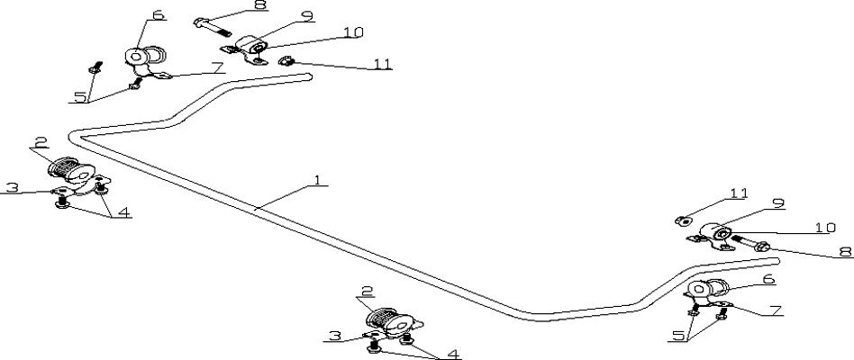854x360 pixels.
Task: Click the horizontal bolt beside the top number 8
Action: click(213, 27)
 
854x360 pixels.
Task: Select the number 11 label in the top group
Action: click(382, 64)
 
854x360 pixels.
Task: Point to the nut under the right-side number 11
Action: click(683, 220)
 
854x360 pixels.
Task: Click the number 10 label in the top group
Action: click(353, 32)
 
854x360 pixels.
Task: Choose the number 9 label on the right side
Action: click(778, 203)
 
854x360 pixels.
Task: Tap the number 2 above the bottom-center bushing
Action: click(368, 292)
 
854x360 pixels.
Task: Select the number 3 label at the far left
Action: click(13, 187)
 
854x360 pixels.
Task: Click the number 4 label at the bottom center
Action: click(453, 354)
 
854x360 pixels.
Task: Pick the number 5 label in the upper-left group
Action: click(80, 97)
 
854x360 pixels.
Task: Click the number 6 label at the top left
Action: click(159, 14)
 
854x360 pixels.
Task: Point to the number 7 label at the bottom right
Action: click(777, 310)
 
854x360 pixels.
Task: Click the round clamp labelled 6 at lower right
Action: click(706, 289)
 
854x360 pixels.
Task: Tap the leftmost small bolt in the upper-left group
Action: click(95, 67)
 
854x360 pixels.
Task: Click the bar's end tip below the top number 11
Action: click(309, 76)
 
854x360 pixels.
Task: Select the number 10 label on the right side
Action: click(825, 228)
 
